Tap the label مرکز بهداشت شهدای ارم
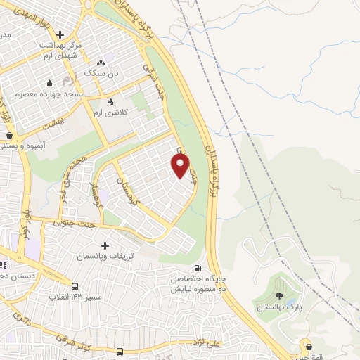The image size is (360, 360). pyautogui.click(x=61, y=50)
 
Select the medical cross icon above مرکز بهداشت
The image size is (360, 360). pyautogui.click(x=60, y=34)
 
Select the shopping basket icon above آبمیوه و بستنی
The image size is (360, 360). pyautogui.click(x=9, y=135)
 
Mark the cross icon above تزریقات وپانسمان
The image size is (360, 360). pyautogui.click(x=105, y=246)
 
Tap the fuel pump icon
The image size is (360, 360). pyautogui.click(x=198, y=268)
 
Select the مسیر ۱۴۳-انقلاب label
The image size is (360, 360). pyautogui.click(x=77, y=296)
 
